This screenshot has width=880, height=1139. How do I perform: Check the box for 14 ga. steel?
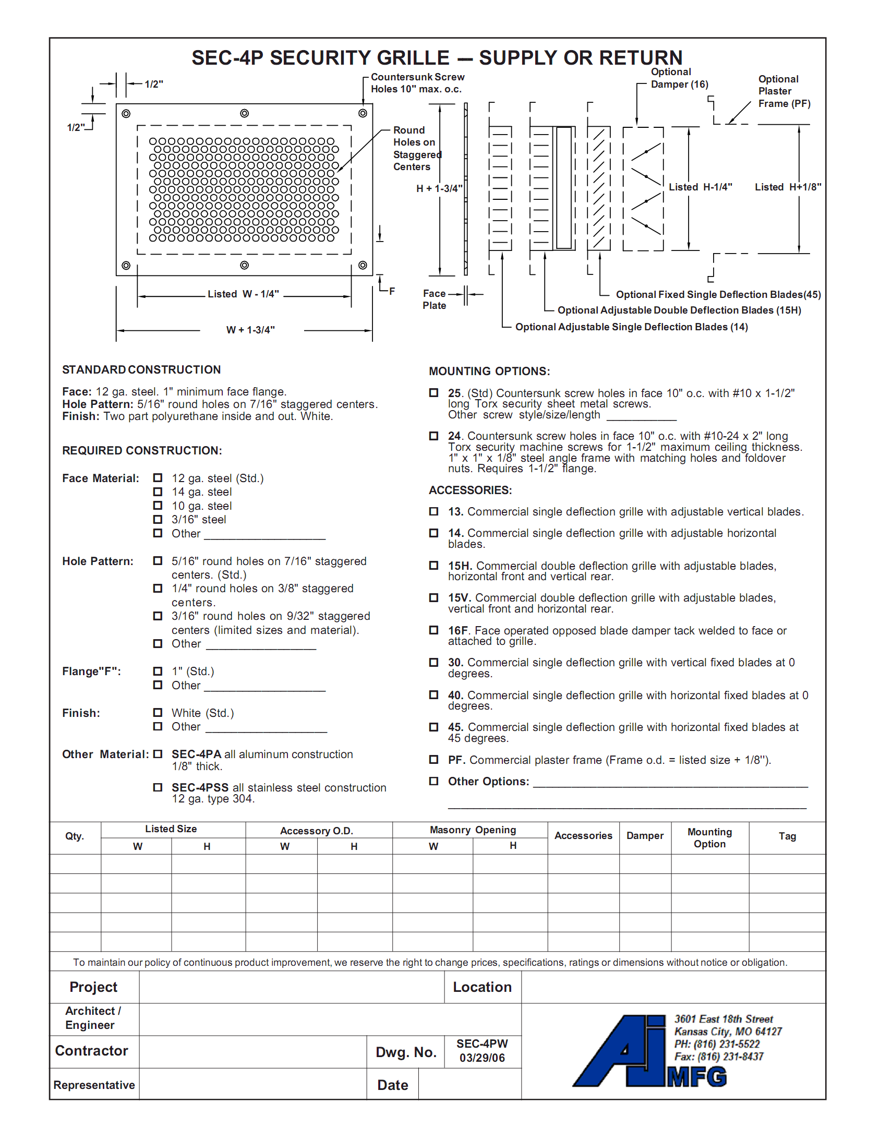(x=158, y=491)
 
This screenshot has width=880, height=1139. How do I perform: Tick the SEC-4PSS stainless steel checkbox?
(x=158, y=787)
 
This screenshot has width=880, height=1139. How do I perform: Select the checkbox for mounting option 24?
(x=433, y=436)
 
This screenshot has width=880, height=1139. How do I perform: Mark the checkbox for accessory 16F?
(x=433, y=630)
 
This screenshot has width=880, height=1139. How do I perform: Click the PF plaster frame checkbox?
(x=433, y=760)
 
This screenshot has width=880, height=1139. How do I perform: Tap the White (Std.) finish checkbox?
(x=158, y=713)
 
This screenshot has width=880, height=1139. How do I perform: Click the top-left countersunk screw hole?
(x=126, y=114)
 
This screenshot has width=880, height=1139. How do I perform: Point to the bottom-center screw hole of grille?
(x=244, y=265)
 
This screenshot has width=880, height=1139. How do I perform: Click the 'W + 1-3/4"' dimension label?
(x=250, y=330)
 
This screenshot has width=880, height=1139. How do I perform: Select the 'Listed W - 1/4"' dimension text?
(x=243, y=294)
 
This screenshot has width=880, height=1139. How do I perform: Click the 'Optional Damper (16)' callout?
(x=679, y=78)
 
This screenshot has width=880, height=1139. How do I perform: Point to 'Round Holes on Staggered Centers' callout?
(x=417, y=148)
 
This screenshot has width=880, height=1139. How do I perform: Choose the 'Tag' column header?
(x=787, y=836)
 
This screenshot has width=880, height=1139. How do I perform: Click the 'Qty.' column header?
(x=75, y=836)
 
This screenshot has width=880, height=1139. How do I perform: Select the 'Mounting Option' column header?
(x=709, y=838)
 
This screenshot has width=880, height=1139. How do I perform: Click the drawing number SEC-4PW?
(x=482, y=1044)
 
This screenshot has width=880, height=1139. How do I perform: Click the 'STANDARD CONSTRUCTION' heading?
(x=141, y=369)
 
